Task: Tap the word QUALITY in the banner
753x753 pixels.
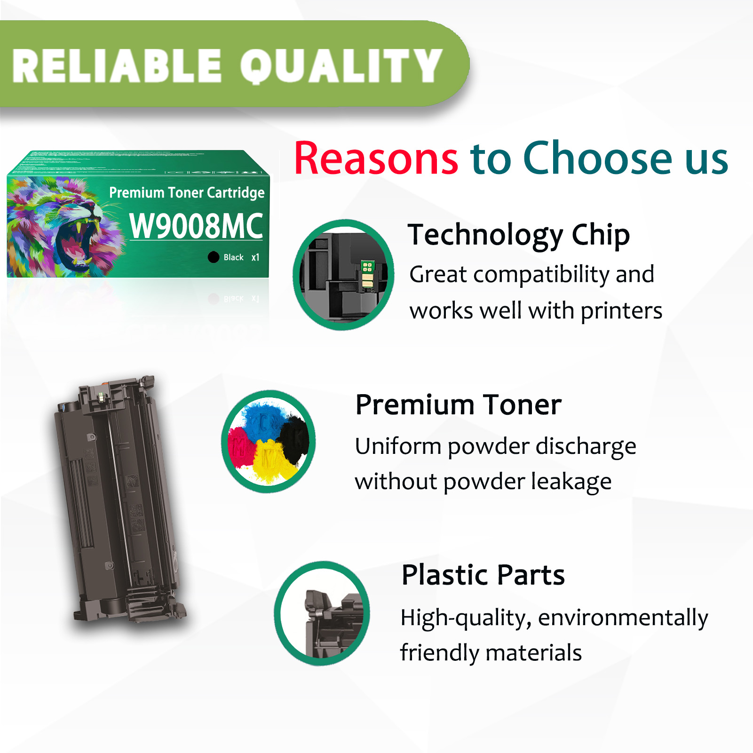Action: [x=341, y=66]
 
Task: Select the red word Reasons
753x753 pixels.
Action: [x=376, y=159]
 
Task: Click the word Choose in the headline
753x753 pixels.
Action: [x=598, y=159]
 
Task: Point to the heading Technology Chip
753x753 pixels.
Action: [x=518, y=235]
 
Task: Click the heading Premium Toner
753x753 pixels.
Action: [x=458, y=405]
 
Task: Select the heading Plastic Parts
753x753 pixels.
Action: [x=483, y=575]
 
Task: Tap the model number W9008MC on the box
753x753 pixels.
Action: [x=196, y=226]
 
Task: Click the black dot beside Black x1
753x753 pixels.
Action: [x=214, y=257]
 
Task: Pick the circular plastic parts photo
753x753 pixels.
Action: [x=322, y=613]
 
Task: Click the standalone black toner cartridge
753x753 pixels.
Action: [x=120, y=501]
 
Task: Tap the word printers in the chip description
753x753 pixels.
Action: [x=621, y=311]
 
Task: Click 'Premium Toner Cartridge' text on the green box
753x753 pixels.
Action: [x=187, y=192]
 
